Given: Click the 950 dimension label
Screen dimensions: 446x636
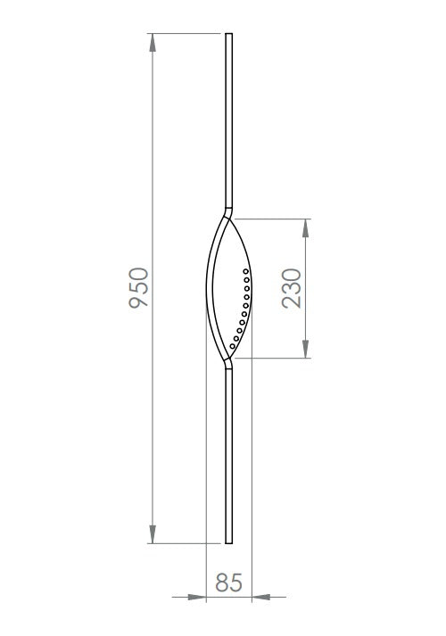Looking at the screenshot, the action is [139, 287].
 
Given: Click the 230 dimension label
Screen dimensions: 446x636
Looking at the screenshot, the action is [292, 288].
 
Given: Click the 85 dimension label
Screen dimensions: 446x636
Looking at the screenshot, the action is [228, 582].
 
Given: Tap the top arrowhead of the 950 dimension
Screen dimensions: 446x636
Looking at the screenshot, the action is [153, 42].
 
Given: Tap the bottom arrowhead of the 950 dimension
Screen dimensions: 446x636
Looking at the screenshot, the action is [153, 534].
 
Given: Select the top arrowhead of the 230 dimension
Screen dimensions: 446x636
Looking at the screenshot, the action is [306, 228].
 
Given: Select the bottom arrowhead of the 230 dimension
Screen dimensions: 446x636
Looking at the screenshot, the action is [306, 350].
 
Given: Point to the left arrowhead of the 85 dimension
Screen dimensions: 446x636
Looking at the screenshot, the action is [197, 597].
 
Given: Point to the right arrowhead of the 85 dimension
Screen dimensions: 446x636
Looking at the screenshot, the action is [261, 597].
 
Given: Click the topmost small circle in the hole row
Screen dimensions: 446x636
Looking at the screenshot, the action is [245, 271].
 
